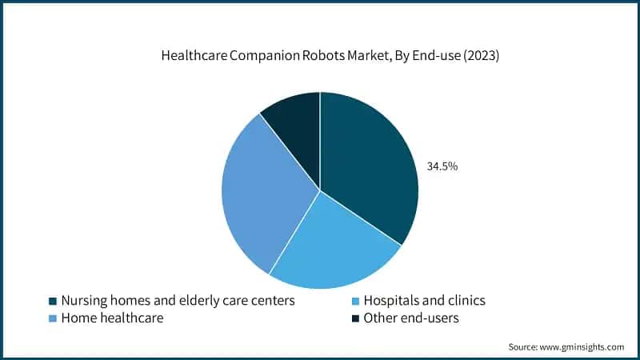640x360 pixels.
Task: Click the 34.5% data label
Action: (442, 167)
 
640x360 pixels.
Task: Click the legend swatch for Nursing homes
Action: (53, 302)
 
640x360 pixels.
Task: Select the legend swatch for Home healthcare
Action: (53, 318)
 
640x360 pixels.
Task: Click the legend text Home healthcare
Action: (113, 318)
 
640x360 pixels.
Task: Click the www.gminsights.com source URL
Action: (582, 347)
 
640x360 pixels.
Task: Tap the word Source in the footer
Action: (523, 347)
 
